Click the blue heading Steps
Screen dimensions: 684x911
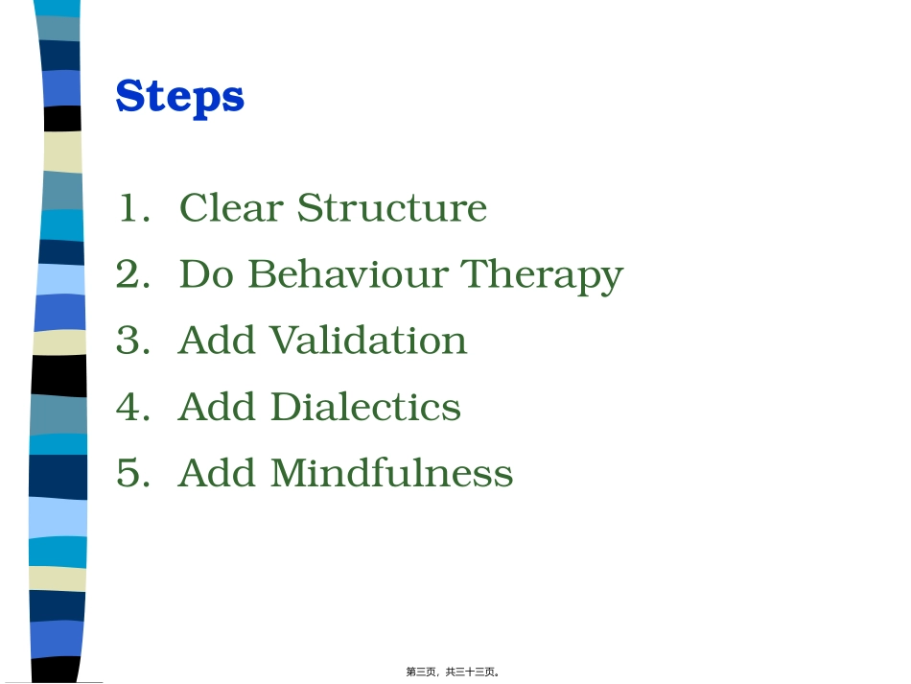click(179, 97)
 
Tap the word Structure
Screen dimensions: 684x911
click(391, 208)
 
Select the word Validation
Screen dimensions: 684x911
click(368, 341)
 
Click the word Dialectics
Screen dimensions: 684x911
click(365, 407)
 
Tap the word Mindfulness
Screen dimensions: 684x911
click(391, 473)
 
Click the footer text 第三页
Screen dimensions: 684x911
click(421, 672)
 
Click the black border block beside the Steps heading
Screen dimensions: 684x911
click(62, 118)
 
